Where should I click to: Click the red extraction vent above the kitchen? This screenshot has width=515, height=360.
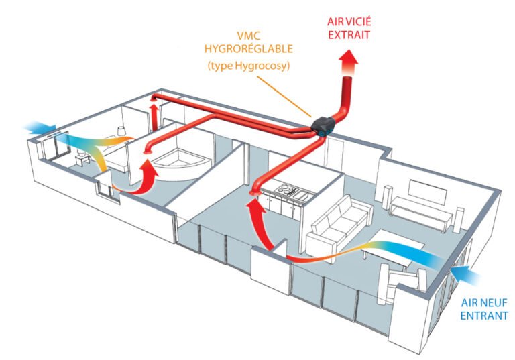[x=254, y=194]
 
